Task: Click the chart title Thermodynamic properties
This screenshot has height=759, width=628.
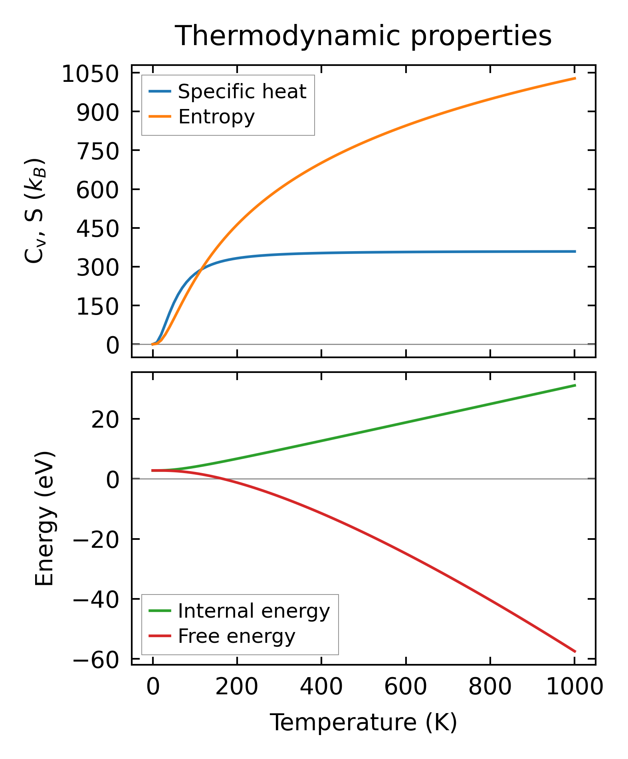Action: tap(363, 36)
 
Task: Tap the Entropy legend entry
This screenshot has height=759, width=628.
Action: tap(216, 117)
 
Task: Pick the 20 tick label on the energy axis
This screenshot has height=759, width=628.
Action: tap(105, 420)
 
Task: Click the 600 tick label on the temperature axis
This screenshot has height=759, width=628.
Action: tap(406, 687)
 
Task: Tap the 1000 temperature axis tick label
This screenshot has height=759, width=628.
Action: tap(574, 687)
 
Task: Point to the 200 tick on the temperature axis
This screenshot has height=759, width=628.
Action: tap(237, 687)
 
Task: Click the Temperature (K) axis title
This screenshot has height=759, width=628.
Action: tap(363, 723)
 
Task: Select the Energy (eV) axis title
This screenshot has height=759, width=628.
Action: tap(44, 519)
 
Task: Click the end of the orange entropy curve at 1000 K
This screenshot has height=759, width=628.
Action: tap(575, 78)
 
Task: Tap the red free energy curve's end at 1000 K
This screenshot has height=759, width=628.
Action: tap(575, 651)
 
